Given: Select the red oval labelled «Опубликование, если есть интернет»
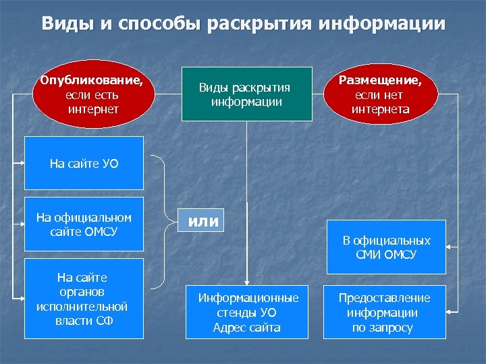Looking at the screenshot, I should click(92, 95).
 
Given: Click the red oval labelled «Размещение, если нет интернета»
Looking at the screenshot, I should click(380, 95).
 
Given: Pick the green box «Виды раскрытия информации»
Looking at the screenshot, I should click(246, 94).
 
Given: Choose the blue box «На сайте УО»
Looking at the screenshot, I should click(84, 163).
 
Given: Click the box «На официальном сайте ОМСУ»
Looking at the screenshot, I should click(84, 224).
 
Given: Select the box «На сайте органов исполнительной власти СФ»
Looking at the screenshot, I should click(84, 299).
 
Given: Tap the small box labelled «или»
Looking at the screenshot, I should click(203, 220).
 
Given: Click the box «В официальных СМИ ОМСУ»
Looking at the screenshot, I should click(386, 247).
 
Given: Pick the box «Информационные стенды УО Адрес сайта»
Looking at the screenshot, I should click(246, 313).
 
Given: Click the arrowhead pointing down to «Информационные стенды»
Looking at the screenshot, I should click(246, 282).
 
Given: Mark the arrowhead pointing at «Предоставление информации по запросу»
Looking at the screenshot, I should click(451, 312).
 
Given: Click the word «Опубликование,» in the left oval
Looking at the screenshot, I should click(92, 80).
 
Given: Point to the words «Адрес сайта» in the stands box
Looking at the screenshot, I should click(246, 328).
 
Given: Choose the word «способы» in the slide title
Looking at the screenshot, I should click(160, 24).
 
